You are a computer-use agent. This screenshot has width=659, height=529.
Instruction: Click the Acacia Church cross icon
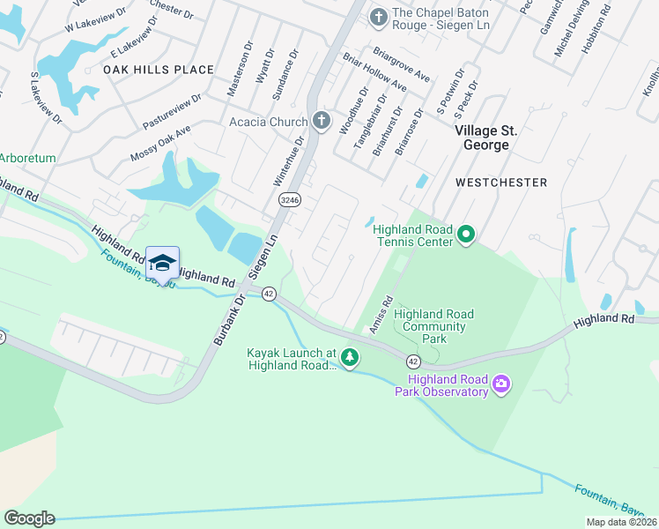[x=322, y=122]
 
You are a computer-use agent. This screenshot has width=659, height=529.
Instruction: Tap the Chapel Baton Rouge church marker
[x=378, y=16]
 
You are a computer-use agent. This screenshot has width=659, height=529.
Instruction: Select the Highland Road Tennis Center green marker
[x=466, y=235]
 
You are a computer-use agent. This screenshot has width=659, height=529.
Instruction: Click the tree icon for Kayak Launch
[x=351, y=357]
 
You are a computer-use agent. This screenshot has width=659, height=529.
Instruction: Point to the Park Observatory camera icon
[x=501, y=383]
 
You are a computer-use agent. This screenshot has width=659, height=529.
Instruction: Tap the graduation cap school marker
[x=162, y=264]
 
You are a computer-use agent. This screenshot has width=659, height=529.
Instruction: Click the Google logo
[x=29, y=518]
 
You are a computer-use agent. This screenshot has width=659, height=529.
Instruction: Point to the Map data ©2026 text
[x=621, y=522]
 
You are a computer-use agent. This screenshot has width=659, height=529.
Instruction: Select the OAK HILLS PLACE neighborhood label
[x=159, y=70]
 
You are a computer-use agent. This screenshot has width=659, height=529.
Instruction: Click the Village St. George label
[x=485, y=138]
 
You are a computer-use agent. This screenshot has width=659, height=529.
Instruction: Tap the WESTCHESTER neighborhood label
[x=501, y=183]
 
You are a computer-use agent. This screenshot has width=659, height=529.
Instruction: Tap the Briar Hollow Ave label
[x=374, y=73]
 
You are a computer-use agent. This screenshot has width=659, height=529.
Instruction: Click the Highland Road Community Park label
[x=433, y=326]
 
